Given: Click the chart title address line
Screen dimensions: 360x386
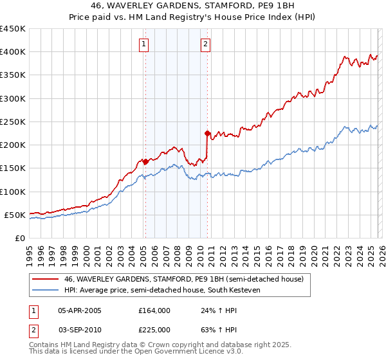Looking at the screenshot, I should [x=193, y=6].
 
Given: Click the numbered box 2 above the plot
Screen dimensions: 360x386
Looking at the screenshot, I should [x=205, y=44].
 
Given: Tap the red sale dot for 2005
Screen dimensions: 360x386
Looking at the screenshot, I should [x=145, y=161].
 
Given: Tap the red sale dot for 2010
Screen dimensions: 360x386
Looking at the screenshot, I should [x=207, y=134].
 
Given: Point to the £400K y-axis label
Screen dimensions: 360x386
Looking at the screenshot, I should [x=13, y=52].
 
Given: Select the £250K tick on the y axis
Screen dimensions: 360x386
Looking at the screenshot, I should [x=13, y=122].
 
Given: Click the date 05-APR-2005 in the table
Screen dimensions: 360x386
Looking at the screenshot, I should [x=80, y=310].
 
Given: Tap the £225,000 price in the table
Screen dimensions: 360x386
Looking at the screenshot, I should [x=154, y=329].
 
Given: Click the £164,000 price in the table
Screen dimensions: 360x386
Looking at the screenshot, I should [x=154, y=310].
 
